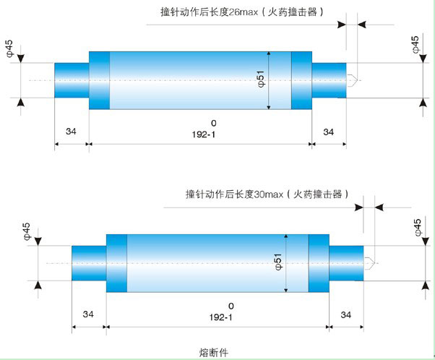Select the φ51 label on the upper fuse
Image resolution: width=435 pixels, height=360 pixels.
coord(261,80)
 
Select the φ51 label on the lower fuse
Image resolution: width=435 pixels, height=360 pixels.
coord(278,262)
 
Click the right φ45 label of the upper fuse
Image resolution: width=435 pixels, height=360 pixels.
coord(415,44)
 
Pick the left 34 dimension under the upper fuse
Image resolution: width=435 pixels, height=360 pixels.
coord(72,132)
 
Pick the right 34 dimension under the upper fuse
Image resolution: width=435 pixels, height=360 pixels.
coord(328,132)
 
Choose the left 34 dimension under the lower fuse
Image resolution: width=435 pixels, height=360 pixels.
coord(88,314)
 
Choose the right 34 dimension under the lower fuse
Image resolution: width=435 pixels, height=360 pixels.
coord(345,314)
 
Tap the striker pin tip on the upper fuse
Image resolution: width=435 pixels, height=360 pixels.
coord(352,80)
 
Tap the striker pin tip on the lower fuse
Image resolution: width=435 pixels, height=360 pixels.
coord(369,262)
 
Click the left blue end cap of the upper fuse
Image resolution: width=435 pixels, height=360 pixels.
coord(72,80)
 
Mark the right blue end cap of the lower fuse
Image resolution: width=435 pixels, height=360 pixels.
coord(345,262)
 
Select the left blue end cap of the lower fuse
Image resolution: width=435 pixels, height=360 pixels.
coord(89,262)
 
